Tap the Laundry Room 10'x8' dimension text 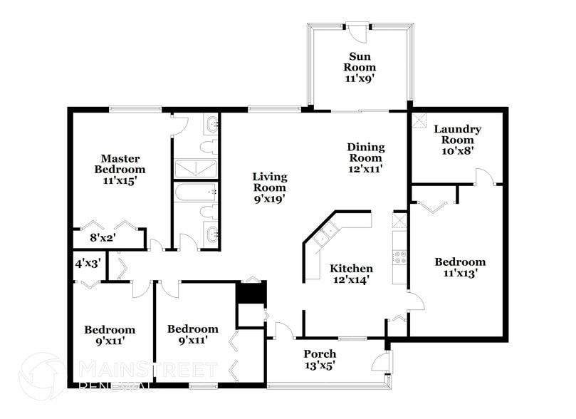[457, 151]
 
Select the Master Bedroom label [120, 164]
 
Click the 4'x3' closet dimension [88, 263]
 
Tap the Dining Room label [365, 152]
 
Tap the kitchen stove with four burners [399, 257]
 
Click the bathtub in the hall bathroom [194, 192]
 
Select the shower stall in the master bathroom [194, 169]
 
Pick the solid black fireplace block [250, 293]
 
